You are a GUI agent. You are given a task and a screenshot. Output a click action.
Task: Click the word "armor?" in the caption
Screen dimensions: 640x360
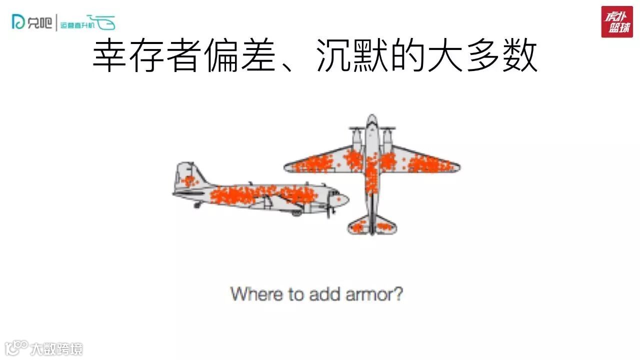point(374,294)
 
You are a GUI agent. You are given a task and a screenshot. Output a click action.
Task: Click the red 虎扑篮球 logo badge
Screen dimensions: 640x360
point(616,22)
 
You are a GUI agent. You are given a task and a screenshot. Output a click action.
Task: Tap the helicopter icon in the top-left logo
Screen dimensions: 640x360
point(104,22)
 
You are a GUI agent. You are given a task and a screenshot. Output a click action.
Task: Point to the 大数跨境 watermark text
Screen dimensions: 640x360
point(56,348)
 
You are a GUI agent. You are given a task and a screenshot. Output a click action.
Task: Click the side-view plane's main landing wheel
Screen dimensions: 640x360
point(297,212)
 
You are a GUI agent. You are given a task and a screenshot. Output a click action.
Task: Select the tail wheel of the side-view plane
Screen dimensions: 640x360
point(197,204)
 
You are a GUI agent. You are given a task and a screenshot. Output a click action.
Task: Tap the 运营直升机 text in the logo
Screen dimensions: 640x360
point(74,24)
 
